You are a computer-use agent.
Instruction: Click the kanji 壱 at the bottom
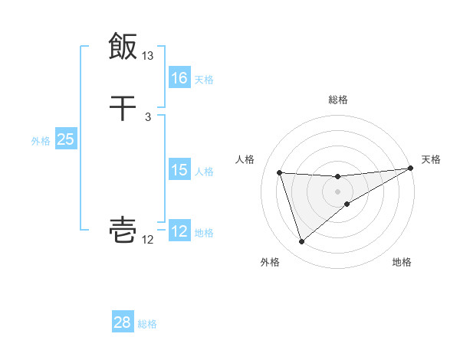pyautogui.click(x=123, y=230)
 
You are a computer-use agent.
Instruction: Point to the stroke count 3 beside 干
pyautogui.click(x=148, y=117)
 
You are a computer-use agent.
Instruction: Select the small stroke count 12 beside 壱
pyautogui.click(x=148, y=240)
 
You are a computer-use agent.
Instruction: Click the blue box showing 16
pyautogui.click(x=179, y=78)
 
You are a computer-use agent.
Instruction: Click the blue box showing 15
pyautogui.click(x=179, y=170)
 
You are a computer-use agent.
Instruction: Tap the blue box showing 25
pyautogui.click(x=65, y=139)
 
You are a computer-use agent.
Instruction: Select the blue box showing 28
pyautogui.click(x=123, y=322)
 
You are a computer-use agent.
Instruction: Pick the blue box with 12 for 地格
pyautogui.click(x=179, y=231)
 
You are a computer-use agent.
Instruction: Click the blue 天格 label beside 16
pyautogui.click(x=204, y=79)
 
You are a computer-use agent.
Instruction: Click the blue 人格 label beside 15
pyautogui.click(x=204, y=171)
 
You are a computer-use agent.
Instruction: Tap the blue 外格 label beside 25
pyautogui.click(x=41, y=140)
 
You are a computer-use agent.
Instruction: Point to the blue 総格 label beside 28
pyautogui.click(x=147, y=323)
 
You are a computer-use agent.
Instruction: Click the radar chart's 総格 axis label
pyautogui.click(x=338, y=100)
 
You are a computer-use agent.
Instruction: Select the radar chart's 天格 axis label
pyautogui.click(x=431, y=159)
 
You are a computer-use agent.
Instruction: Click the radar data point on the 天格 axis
pyautogui.click(x=410, y=169)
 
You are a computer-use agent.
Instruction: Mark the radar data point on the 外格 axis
pyautogui.click(x=301, y=242)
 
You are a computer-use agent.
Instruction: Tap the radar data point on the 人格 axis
pyautogui.click(x=280, y=172)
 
